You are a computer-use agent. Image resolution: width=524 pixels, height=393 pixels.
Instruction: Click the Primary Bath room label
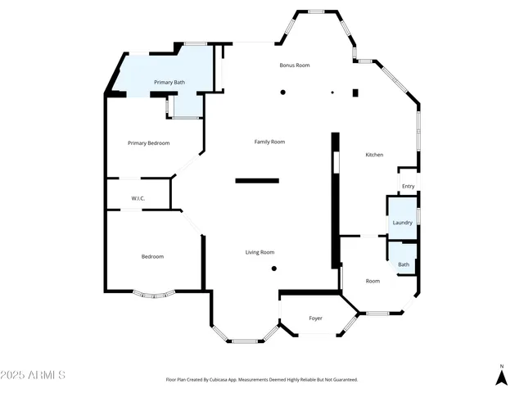pyautogui.click(x=169, y=83)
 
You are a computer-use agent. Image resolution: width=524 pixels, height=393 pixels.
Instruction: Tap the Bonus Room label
pyautogui.click(x=295, y=65)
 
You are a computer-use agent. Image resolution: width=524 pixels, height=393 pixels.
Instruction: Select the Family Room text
pyautogui.click(x=269, y=142)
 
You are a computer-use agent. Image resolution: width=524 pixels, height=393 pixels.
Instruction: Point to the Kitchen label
pyautogui.click(x=374, y=155)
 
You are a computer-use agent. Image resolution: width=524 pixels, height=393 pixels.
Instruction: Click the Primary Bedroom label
pyautogui.click(x=149, y=143)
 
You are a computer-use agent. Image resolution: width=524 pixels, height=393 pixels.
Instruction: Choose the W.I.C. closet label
pyautogui.click(x=138, y=199)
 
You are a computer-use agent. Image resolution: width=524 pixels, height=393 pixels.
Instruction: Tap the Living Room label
pyautogui.click(x=260, y=252)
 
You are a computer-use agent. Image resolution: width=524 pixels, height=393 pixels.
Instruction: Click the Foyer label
pyautogui.click(x=315, y=318)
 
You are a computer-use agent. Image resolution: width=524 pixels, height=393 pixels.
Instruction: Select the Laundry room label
pyautogui.click(x=402, y=223)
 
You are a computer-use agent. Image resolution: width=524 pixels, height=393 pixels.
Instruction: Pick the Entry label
pyautogui.click(x=408, y=187)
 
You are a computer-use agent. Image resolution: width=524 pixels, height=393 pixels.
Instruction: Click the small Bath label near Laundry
pyautogui.click(x=404, y=264)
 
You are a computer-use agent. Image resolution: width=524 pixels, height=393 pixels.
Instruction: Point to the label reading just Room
pyautogui.click(x=373, y=281)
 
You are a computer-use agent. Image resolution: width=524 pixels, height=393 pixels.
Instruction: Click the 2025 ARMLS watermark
pyautogui.click(x=34, y=375)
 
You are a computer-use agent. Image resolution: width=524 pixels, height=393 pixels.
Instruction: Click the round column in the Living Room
pyautogui.click(x=274, y=268)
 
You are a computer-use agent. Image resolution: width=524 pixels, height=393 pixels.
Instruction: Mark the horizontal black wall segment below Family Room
pyautogui.click(x=257, y=180)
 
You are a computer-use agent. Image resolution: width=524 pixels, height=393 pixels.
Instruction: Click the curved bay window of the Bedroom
pyautogui.click(x=153, y=294)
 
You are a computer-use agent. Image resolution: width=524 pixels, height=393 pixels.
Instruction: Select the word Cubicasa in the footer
pyautogui.click(x=222, y=380)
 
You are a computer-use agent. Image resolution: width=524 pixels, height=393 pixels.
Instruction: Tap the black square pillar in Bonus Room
pyautogui.click(x=355, y=93)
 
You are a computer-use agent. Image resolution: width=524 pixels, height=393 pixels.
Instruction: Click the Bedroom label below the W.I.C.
pyautogui.click(x=152, y=256)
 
